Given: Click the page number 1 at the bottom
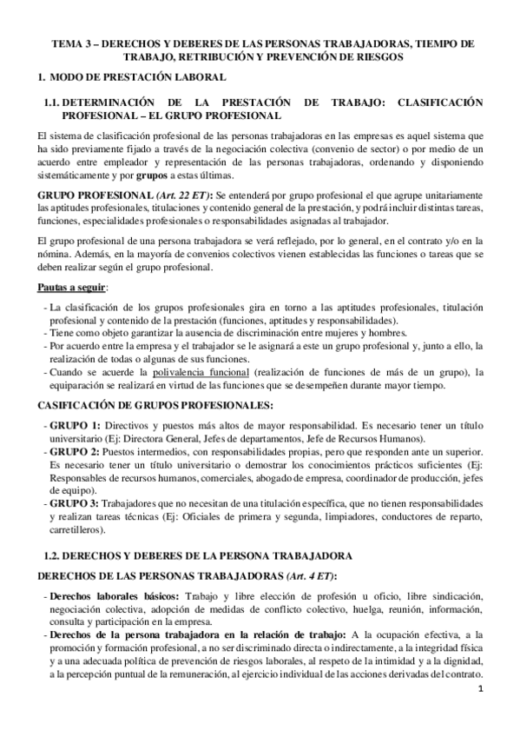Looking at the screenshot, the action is click(x=480, y=714).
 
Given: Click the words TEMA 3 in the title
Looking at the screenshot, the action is click(x=71, y=42).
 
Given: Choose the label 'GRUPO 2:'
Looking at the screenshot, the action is click(x=76, y=452).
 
